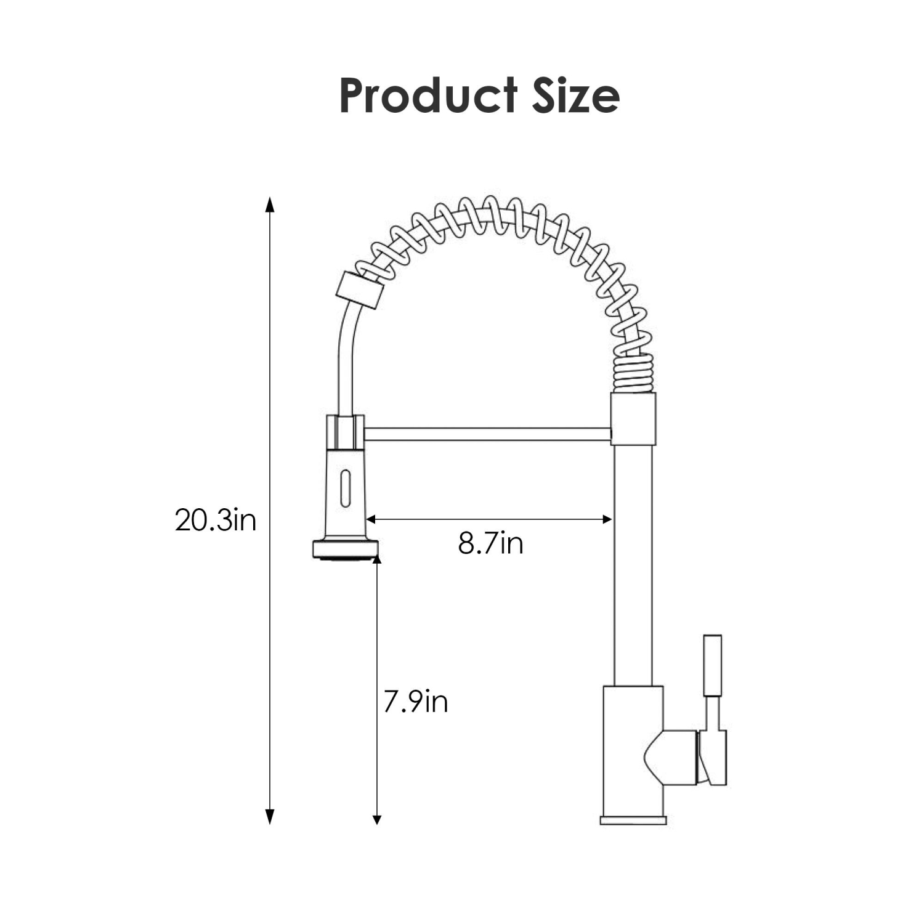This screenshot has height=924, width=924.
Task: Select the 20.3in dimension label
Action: tap(215, 521)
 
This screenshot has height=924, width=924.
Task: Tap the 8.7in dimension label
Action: tap(490, 543)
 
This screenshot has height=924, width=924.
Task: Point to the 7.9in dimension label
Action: tap(415, 702)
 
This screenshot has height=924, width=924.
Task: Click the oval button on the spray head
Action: tap(346, 488)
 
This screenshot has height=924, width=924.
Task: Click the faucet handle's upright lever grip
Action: tap(712, 665)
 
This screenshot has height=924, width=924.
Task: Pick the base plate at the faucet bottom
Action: tap(633, 821)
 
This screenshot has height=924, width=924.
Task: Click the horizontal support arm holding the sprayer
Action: tap(487, 434)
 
